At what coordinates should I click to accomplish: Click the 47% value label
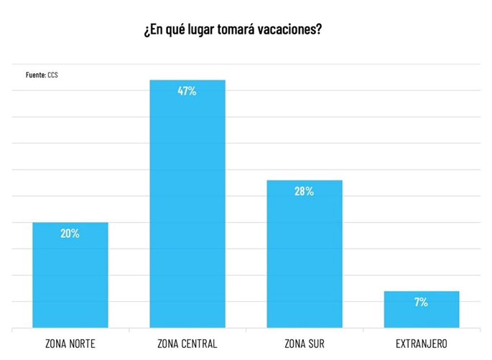point(187,91)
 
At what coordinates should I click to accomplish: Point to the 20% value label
point(70,234)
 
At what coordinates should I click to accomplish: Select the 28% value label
point(305,191)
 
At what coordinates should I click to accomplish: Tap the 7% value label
point(422,302)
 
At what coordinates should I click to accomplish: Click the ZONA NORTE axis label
point(70,343)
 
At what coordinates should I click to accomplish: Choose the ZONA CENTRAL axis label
point(187,343)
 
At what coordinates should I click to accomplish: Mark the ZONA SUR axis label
point(305,343)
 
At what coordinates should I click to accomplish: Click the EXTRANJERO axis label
point(422,343)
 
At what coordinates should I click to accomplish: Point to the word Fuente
point(36,75)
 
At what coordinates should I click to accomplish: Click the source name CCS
point(53,75)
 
